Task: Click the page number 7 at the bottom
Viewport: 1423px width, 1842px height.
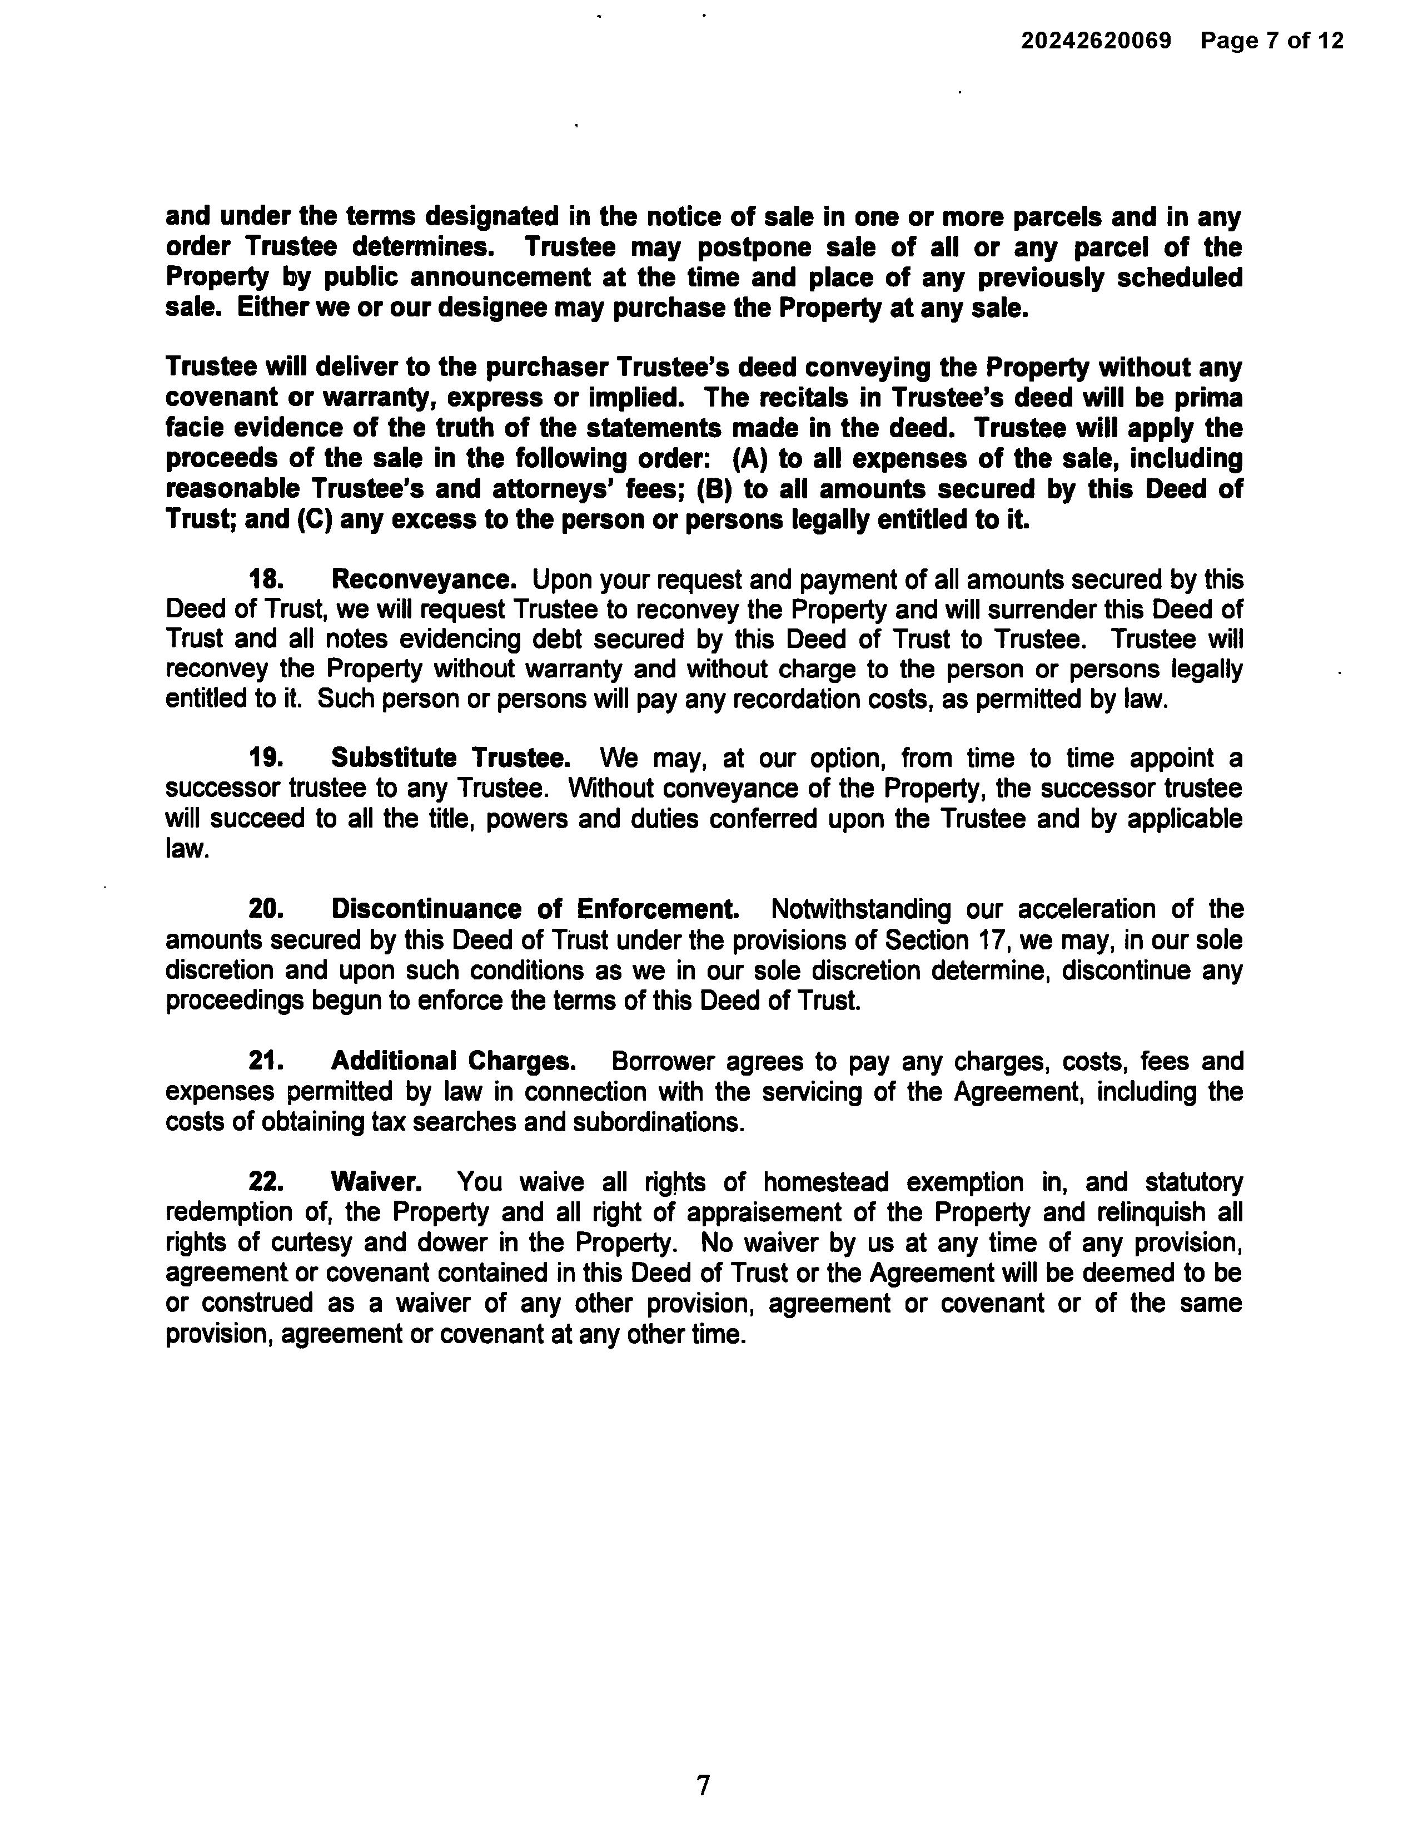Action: (703, 1785)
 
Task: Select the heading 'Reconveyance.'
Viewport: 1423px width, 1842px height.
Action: (423, 580)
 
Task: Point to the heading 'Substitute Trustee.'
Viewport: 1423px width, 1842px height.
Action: (451, 757)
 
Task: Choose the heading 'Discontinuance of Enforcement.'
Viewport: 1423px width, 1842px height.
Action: (535, 909)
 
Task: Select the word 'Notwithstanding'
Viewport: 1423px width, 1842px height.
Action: (860, 909)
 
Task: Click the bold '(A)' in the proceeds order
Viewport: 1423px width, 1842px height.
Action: (749, 459)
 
